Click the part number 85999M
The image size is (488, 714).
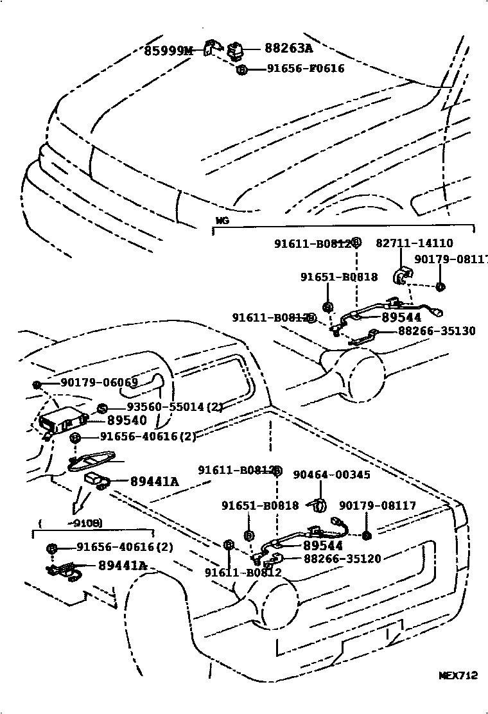[167, 50]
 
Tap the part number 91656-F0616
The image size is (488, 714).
[306, 69]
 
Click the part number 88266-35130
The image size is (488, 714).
[437, 331]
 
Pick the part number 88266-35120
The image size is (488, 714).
[342, 559]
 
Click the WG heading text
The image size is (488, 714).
[222, 220]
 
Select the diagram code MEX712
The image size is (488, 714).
[458, 675]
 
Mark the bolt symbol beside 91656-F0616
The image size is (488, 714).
[241, 69]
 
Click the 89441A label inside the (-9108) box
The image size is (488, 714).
[123, 566]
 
